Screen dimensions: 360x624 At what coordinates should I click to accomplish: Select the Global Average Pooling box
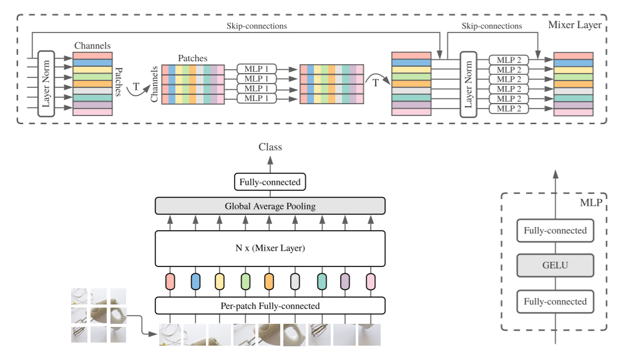[270, 206]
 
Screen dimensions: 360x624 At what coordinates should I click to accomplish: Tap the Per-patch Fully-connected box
[270, 306]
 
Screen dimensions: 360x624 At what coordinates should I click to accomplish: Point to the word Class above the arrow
[270, 147]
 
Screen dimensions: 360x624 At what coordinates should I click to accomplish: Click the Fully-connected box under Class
[270, 182]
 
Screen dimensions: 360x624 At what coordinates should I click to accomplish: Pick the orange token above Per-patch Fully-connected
[269, 281]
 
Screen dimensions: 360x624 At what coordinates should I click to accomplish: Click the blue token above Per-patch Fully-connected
[195, 281]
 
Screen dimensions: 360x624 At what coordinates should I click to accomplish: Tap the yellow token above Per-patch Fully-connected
[220, 281]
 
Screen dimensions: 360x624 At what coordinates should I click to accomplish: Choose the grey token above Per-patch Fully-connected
[295, 281]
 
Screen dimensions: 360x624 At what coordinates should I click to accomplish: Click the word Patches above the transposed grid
[192, 58]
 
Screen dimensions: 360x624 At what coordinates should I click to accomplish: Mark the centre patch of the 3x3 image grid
[99, 315]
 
